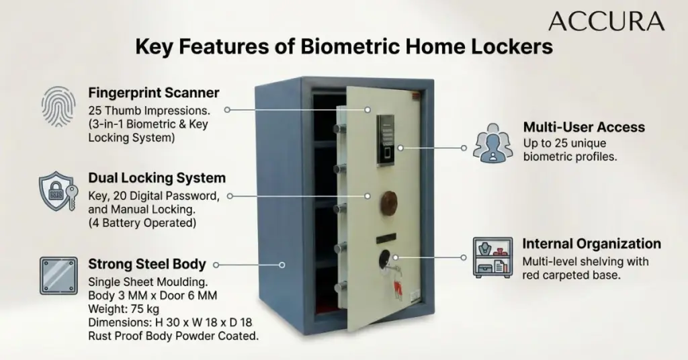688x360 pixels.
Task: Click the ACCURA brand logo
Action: (607, 21)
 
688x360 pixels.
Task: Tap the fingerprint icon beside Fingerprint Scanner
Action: (58, 107)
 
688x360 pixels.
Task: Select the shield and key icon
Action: (58, 191)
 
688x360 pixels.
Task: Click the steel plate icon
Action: (58, 275)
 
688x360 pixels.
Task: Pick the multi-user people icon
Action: (492, 143)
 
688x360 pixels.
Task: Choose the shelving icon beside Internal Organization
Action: (492, 257)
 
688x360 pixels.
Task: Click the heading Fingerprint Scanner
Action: (154, 93)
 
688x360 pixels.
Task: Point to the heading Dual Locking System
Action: (157, 178)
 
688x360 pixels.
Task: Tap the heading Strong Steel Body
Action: (147, 264)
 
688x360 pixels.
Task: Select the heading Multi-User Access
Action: (584, 127)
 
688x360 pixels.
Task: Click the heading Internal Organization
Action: (591, 244)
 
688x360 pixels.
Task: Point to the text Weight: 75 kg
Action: (124, 309)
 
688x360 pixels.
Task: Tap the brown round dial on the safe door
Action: (389, 203)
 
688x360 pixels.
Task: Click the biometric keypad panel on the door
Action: (385, 140)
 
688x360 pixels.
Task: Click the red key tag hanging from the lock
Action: (398, 290)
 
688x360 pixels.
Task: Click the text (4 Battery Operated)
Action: (142, 223)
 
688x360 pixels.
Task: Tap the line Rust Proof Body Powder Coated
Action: (173, 336)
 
